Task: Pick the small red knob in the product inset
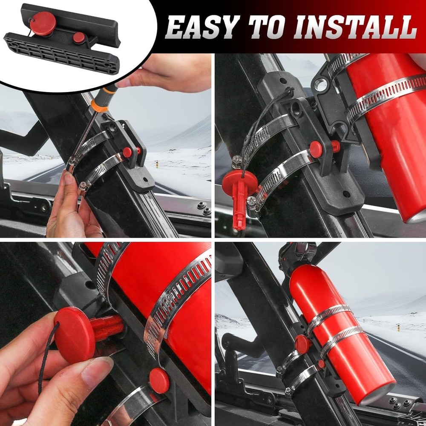click(x=79, y=37)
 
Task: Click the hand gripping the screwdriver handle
click(x=166, y=72)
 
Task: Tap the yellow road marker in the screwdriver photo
click(x=157, y=164)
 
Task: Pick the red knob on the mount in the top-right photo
click(x=317, y=148)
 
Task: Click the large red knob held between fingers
click(x=75, y=334)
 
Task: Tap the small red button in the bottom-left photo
click(x=159, y=380)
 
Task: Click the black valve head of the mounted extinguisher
click(x=298, y=253)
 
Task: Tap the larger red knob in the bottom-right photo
click(x=302, y=344)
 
